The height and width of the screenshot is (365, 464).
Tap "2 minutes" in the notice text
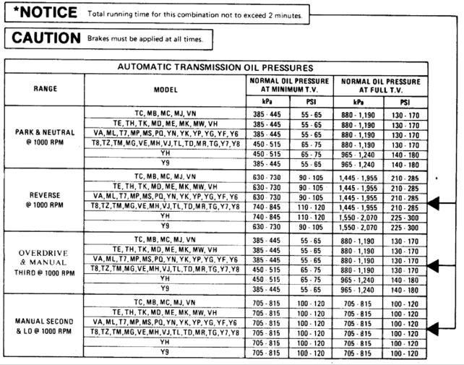[283, 15]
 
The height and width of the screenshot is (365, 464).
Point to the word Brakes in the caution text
[98, 38]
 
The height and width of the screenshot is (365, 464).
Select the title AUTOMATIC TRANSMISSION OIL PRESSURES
[215, 66]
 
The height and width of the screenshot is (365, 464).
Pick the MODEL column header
[165, 89]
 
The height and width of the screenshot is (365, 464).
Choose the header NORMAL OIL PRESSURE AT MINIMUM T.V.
[290, 85]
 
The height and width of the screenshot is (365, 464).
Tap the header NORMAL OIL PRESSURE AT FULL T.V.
[380, 85]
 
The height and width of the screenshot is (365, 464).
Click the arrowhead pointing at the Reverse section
[434, 206]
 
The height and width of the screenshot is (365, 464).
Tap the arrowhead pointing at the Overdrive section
[434, 267]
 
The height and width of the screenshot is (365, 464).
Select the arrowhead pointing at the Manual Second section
[434, 330]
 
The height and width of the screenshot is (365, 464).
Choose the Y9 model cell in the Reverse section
[165, 226]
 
